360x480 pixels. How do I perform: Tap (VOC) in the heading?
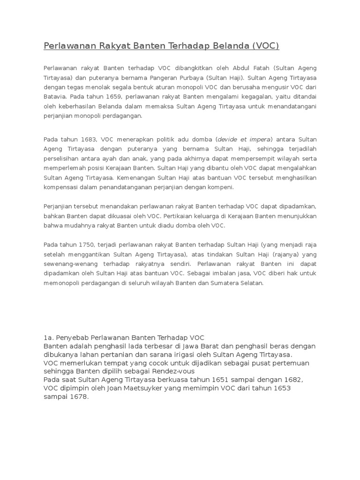point(265,46)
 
